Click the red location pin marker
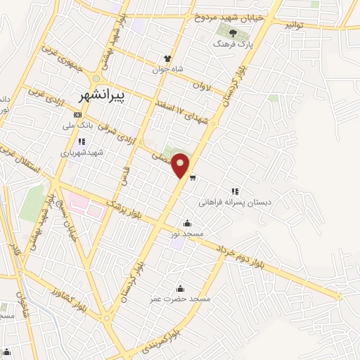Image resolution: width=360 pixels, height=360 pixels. [x=181, y=165]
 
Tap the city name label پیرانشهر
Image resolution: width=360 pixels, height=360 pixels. [x=102, y=95]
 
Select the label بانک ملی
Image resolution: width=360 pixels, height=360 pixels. [x=78, y=126]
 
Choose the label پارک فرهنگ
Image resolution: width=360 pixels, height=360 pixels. [x=233, y=43]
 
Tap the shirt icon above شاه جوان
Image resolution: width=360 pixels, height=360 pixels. [x=167, y=59]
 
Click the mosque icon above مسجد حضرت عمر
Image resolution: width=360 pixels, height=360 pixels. [x=180, y=288]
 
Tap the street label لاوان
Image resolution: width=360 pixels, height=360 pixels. [x=201, y=86]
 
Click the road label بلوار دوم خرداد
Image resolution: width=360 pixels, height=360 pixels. [x=239, y=257]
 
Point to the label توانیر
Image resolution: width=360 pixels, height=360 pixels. [x=296, y=24]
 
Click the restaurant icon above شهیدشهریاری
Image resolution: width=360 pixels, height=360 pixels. [x=82, y=141]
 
